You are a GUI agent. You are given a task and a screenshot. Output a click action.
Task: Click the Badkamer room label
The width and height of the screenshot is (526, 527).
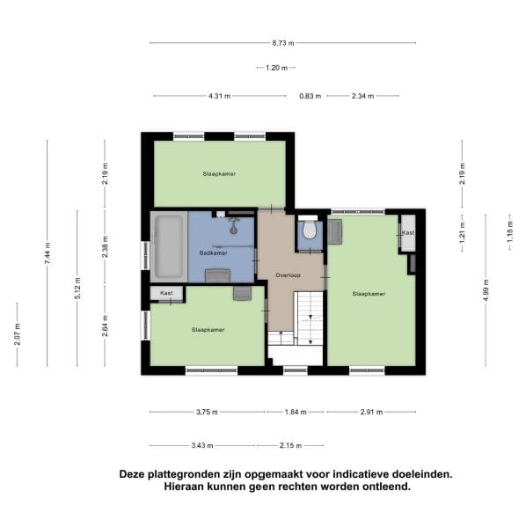[213, 253]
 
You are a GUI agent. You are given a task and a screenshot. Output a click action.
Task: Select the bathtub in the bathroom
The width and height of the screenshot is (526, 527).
[167, 246]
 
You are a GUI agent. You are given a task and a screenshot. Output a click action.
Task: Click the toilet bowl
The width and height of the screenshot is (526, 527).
[307, 231]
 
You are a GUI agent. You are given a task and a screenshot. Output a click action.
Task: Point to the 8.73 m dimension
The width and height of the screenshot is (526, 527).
[282, 42]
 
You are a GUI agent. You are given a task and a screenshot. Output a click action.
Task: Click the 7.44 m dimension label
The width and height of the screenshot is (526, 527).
[47, 255]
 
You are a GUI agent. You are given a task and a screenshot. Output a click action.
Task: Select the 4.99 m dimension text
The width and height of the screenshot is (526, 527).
[485, 290]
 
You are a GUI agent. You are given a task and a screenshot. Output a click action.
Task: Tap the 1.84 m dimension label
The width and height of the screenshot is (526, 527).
[295, 411]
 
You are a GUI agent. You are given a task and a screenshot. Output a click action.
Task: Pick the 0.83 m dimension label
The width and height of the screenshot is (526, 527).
[310, 96]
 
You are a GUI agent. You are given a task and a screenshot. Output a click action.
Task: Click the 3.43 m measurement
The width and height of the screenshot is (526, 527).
[214, 444]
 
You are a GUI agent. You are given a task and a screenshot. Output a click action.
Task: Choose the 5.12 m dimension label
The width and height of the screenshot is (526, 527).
[77, 288]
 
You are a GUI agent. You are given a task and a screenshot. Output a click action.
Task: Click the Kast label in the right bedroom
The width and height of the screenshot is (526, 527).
[407, 232]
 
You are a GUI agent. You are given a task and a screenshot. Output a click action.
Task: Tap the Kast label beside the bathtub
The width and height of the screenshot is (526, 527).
[166, 292]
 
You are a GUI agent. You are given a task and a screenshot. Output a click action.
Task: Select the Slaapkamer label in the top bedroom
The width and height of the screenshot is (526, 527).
[218, 174]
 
